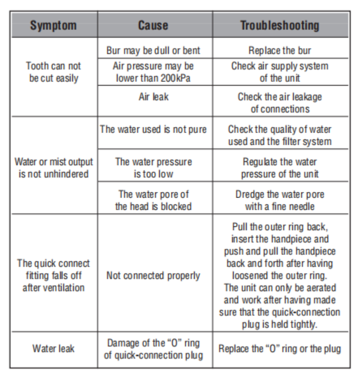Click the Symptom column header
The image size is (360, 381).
pos(53,26)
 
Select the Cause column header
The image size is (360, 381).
pos(153,26)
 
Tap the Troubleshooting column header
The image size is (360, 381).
pos(280,26)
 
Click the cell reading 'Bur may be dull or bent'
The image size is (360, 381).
pos(153,51)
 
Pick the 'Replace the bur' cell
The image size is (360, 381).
pos(280,51)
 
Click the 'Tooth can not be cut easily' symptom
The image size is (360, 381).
pos(54,72)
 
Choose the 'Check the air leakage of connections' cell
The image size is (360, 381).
pos(280,103)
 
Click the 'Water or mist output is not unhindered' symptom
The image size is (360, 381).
pos(54,168)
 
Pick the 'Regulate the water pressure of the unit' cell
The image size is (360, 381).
pos(280,168)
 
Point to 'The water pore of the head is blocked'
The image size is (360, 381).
pos(153,200)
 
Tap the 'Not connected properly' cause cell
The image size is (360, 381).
pos(153,276)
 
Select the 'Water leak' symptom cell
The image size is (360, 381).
pos(54,349)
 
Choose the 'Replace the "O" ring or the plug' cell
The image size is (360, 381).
pos(280,349)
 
